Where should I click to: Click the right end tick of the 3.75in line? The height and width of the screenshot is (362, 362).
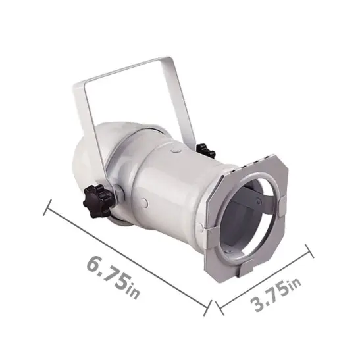point(309,252)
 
